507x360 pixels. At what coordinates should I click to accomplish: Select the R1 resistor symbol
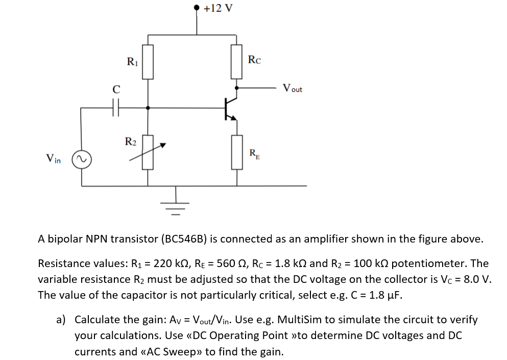click(148, 62)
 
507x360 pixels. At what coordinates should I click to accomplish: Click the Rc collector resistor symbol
click(236, 62)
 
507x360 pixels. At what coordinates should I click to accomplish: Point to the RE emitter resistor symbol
click(236, 152)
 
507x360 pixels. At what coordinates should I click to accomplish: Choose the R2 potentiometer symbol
click(148, 152)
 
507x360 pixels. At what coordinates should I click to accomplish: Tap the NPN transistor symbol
click(231, 107)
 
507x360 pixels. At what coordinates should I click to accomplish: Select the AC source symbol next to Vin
click(81, 159)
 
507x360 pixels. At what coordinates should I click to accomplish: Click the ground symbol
click(176, 206)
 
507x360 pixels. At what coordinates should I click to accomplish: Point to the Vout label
click(292, 88)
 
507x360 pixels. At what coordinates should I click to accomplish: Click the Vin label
click(53, 159)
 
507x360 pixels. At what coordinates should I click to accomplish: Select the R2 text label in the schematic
click(131, 141)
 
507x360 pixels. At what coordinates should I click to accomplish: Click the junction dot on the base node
click(148, 108)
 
